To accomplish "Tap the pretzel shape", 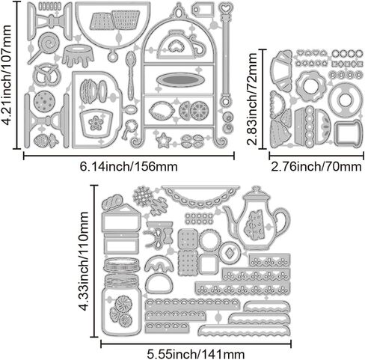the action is (x=46, y=74).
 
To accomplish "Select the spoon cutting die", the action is (x=131, y=75).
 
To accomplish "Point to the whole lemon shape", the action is (x=162, y=110).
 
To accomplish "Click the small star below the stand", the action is (x=163, y=140).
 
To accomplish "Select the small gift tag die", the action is (x=203, y=10).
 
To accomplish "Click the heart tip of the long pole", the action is (x=226, y=7).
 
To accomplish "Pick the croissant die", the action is (x=282, y=70).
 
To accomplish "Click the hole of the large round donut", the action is (x=346, y=100).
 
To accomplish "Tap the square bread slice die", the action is (x=348, y=132).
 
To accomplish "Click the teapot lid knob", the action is (x=255, y=189).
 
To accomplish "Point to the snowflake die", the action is (x=143, y=195).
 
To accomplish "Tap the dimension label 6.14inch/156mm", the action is (x=129, y=167).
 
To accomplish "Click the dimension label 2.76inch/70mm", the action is (x=316, y=167).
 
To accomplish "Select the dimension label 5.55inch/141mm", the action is (x=195, y=354).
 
